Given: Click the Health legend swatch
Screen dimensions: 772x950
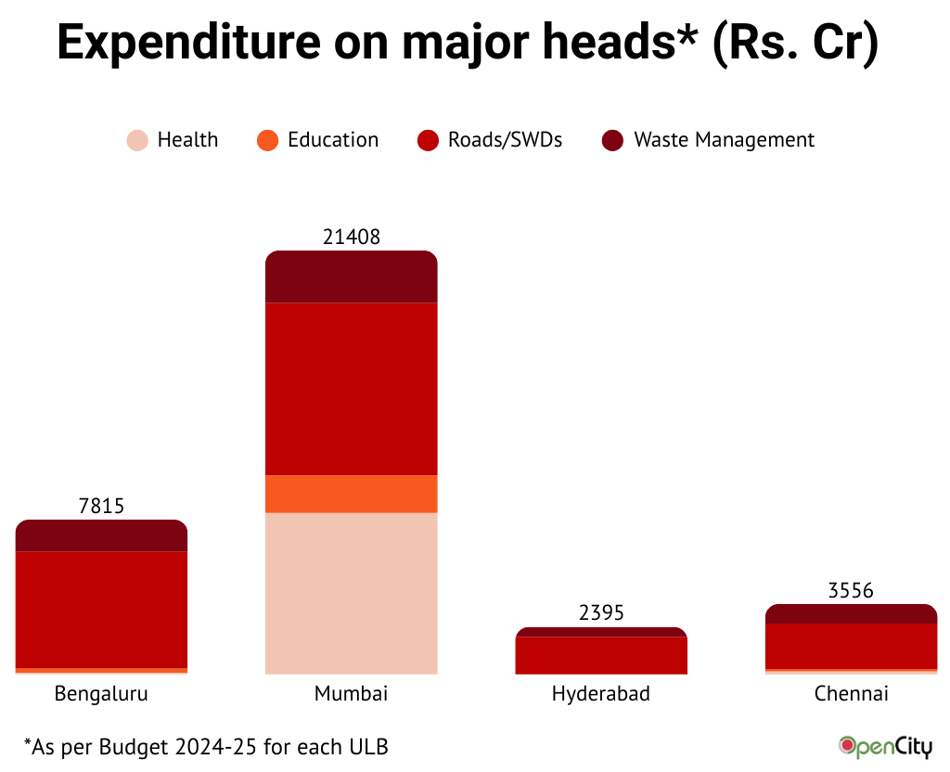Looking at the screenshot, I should [137, 141].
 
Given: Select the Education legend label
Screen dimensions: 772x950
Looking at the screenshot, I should [333, 140].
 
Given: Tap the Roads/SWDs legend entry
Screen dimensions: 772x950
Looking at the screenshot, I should [505, 140].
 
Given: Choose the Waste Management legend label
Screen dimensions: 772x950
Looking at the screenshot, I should [724, 140].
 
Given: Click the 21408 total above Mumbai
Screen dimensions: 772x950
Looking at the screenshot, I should [352, 238].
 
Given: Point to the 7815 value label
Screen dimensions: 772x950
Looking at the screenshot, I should [102, 506].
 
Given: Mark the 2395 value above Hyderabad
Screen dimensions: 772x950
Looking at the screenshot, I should [601, 613].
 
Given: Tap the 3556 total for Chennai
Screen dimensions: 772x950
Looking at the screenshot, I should [851, 591].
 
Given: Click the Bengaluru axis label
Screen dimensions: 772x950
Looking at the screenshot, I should [101, 694].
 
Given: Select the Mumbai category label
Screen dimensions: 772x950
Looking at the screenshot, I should [351, 694].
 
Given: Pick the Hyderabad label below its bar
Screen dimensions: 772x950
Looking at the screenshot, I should [601, 694].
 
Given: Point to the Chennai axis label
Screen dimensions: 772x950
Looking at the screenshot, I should [851, 694].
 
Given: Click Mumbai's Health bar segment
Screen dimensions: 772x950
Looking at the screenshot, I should [351, 593].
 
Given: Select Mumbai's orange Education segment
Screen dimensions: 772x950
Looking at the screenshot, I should [351, 494].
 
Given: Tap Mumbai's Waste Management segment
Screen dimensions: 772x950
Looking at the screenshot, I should [351, 277].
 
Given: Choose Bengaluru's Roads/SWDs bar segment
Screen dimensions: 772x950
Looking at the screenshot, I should [101, 610].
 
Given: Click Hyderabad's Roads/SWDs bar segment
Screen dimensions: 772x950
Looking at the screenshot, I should [601, 655].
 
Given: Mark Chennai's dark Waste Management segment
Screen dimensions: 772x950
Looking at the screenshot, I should [851, 614].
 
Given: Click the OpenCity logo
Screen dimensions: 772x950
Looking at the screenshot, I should [885, 746].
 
